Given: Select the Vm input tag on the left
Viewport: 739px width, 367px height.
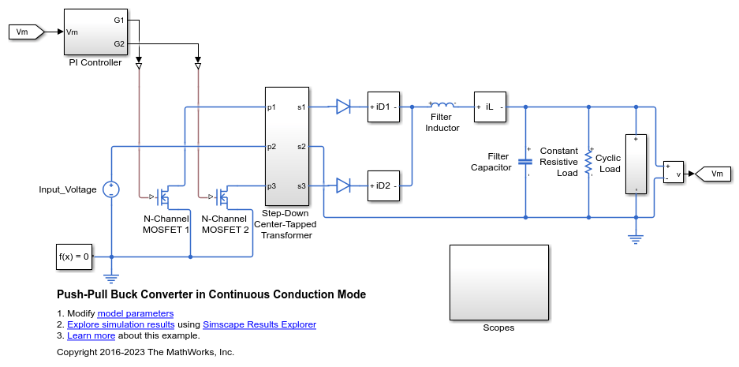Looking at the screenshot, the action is pyautogui.click(x=26, y=32).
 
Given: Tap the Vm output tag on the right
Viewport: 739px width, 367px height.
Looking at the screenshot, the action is pyautogui.click(x=713, y=174).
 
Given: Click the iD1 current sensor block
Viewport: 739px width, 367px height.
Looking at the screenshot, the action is pyautogui.click(x=383, y=107).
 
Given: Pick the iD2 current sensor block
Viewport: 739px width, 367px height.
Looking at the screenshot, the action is pyautogui.click(x=383, y=185).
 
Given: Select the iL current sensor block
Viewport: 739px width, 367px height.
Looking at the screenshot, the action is pyautogui.click(x=490, y=107).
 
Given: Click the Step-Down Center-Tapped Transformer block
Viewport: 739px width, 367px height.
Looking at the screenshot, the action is pyautogui.click(x=287, y=146).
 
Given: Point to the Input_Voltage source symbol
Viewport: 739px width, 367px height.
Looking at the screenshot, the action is pyautogui.click(x=111, y=189).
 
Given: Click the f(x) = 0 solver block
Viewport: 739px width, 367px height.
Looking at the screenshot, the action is pyautogui.click(x=74, y=257).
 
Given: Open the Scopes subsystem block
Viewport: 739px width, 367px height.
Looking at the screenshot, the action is pyautogui.click(x=499, y=283).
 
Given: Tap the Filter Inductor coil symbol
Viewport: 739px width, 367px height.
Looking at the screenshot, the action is pyautogui.click(x=442, y=105).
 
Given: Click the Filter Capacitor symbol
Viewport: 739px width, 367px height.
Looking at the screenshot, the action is pyautogui.click(x=525, y=161).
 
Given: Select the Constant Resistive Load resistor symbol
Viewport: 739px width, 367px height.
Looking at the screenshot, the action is pyautogui.click(x=588, y=162).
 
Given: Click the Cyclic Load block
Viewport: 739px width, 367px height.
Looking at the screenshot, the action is pyautogui.click(x=636, y=164).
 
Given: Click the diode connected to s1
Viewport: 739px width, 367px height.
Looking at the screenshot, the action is pyautogui.click(x=342, y=107).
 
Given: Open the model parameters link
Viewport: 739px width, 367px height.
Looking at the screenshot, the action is pyautogui.click(x=136, y=313).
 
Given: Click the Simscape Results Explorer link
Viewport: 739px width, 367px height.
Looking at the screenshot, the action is pyautogui.click(x=259, y=324).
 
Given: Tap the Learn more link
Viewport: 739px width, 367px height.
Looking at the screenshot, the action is pyautogui.click(x=91, y=336).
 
